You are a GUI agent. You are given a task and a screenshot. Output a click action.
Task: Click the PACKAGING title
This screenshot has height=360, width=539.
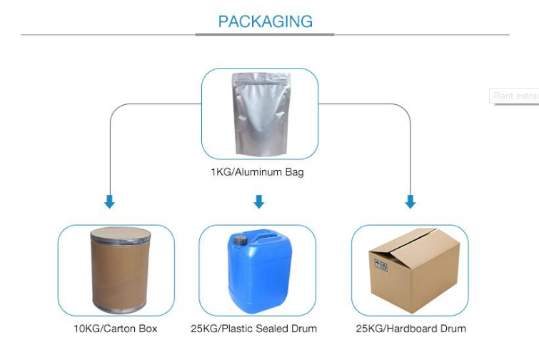click(x=265, y=21)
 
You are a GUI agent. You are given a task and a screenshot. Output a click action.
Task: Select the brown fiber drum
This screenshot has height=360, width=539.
click(x=120, y=270)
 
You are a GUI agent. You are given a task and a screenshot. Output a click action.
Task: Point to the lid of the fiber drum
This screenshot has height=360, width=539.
click(x=120, y=234)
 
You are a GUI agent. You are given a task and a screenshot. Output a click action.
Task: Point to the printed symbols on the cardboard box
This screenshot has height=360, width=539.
click(x=380, y=265)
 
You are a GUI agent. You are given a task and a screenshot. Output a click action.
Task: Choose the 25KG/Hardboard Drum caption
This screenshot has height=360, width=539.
click(x=411, y=329)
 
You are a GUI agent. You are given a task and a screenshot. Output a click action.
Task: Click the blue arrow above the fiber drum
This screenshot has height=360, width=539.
click(x=109, y=202)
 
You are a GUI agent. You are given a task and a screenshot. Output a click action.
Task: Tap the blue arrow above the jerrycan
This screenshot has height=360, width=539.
click(x=258, y=202)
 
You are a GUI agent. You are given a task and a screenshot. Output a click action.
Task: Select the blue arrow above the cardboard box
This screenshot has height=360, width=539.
click(x=410, y=202)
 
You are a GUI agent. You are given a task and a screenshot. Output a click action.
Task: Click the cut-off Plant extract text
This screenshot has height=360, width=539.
click(x=515, y=96)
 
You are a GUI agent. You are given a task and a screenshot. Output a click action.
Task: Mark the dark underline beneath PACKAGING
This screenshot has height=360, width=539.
click(x=265, y=34)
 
